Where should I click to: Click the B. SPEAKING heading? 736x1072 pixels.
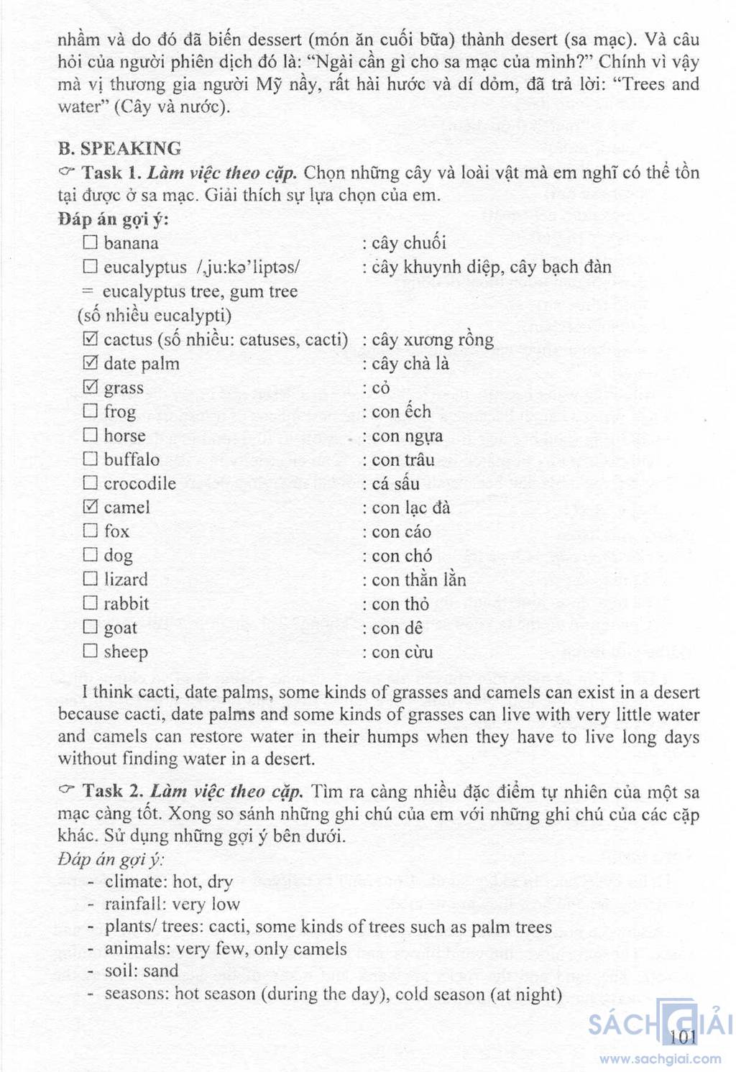pyautogui.click(x=119, y=149)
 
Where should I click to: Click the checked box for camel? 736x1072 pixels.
pyautogui.click(x=90, y=507)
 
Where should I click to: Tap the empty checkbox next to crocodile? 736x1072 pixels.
pyautogui.click(x=90, y=483)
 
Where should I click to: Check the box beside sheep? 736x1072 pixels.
pyautogui.click(x=90, y=651)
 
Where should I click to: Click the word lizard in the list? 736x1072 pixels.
pyautogui.click(x=126, y=579)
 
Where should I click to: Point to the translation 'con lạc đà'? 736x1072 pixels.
pyautogui.click(x=410, y=508)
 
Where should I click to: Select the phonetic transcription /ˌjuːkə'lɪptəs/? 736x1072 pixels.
pyautogui.click(x=248, y=267)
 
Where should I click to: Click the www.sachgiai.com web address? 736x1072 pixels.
pyautogui.click(x=660, y=1059)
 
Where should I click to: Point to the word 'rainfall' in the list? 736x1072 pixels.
pyautogui.click(x=134, y=904)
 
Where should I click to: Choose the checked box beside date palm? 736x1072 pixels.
pyautogui.click(x=90, y=363)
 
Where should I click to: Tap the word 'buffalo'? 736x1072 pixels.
pyautogui.click(x=132, y=459)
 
